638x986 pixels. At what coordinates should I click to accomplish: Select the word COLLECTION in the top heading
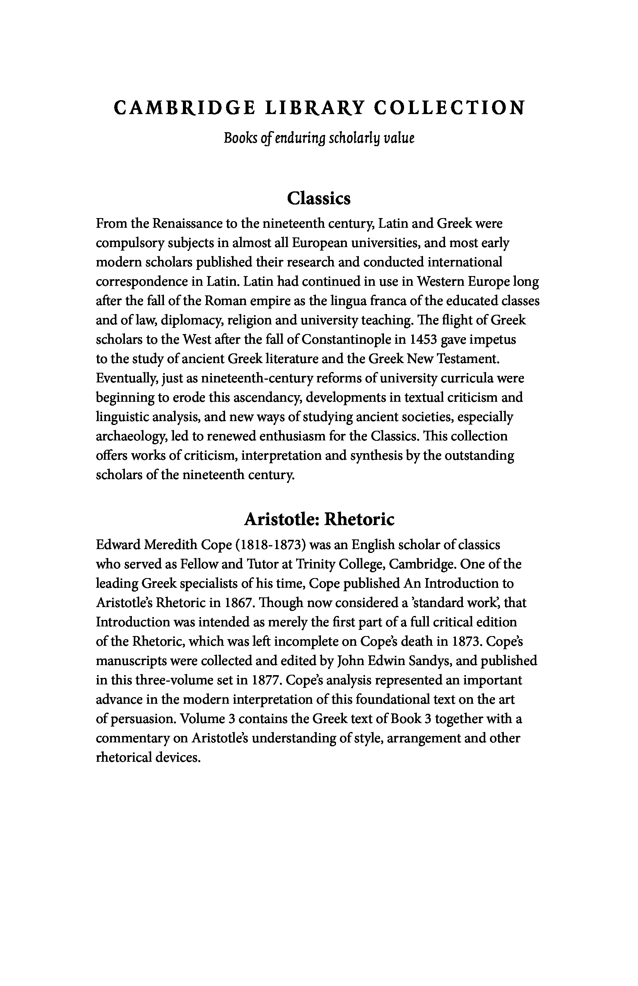tap(449, 108)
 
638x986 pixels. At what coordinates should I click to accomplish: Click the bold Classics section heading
tap(319, 198)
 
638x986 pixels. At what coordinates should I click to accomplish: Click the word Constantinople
tap(347, 340)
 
